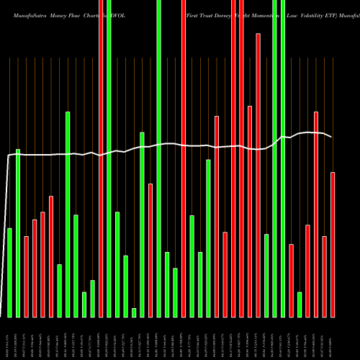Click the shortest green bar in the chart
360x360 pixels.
[134, 312]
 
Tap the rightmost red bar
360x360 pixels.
[333, 245]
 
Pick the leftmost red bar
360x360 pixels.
[26, 276]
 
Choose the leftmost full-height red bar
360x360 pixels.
[101, 158]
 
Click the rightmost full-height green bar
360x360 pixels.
[283, 158]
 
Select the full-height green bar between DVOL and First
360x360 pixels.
[158, 158]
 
